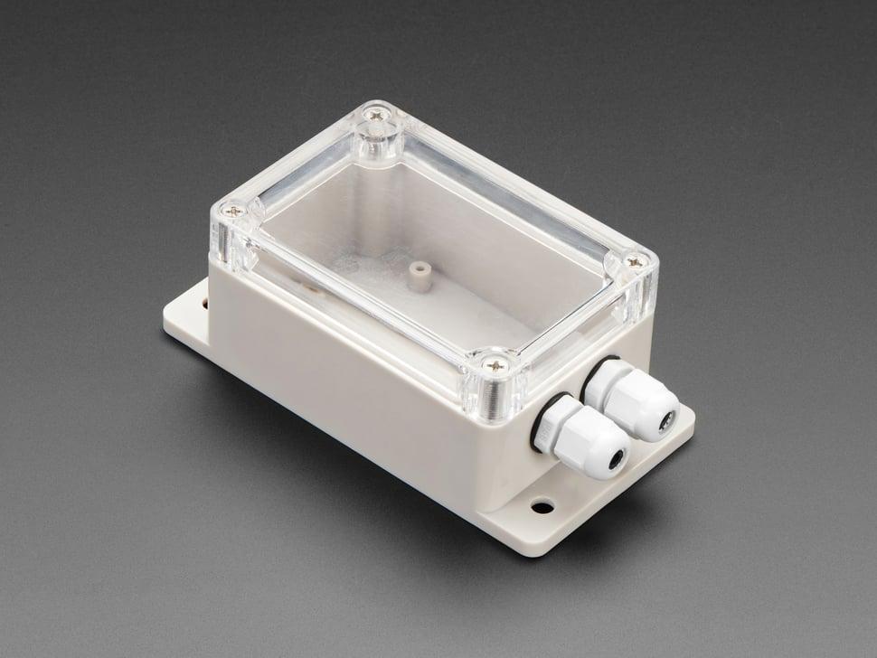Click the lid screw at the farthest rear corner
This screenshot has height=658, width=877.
click(374, 116)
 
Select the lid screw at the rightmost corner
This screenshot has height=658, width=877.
click(635, 262)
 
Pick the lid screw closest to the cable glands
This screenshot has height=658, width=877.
click(495, 365)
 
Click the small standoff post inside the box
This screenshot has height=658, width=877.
click(416, 277)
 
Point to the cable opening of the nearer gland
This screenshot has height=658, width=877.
click(617, 459)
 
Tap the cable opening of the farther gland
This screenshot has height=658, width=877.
click(666, 421)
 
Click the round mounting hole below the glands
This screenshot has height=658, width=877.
click(542, 506)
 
